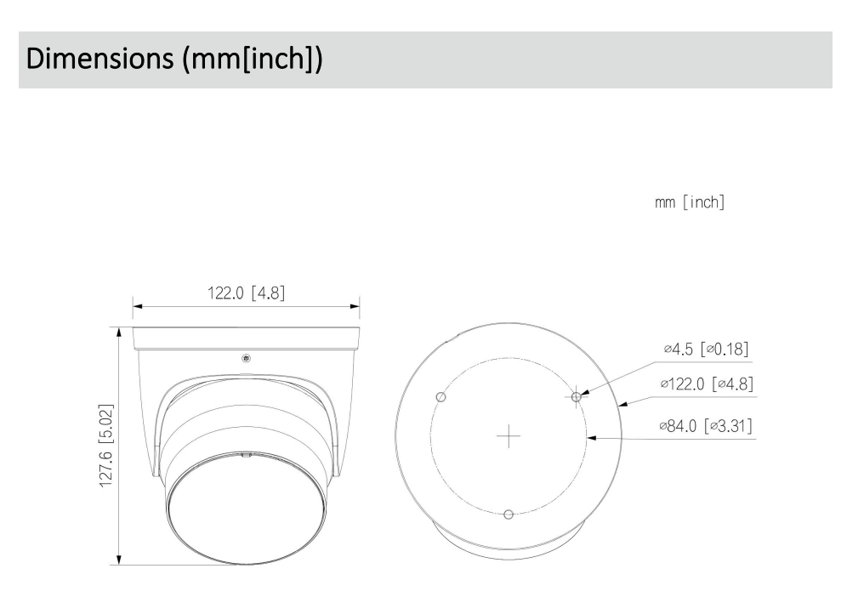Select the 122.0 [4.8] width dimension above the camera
coord(246,293)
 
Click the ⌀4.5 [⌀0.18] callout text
coord(706,350)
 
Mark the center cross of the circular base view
coord(508,437)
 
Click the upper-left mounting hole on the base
coord(441,397)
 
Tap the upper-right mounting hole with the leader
coord(577,396)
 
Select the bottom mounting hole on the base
coord(509,515)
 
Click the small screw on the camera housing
coord(246,357)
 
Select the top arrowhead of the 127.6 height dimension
coord(118,331)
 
